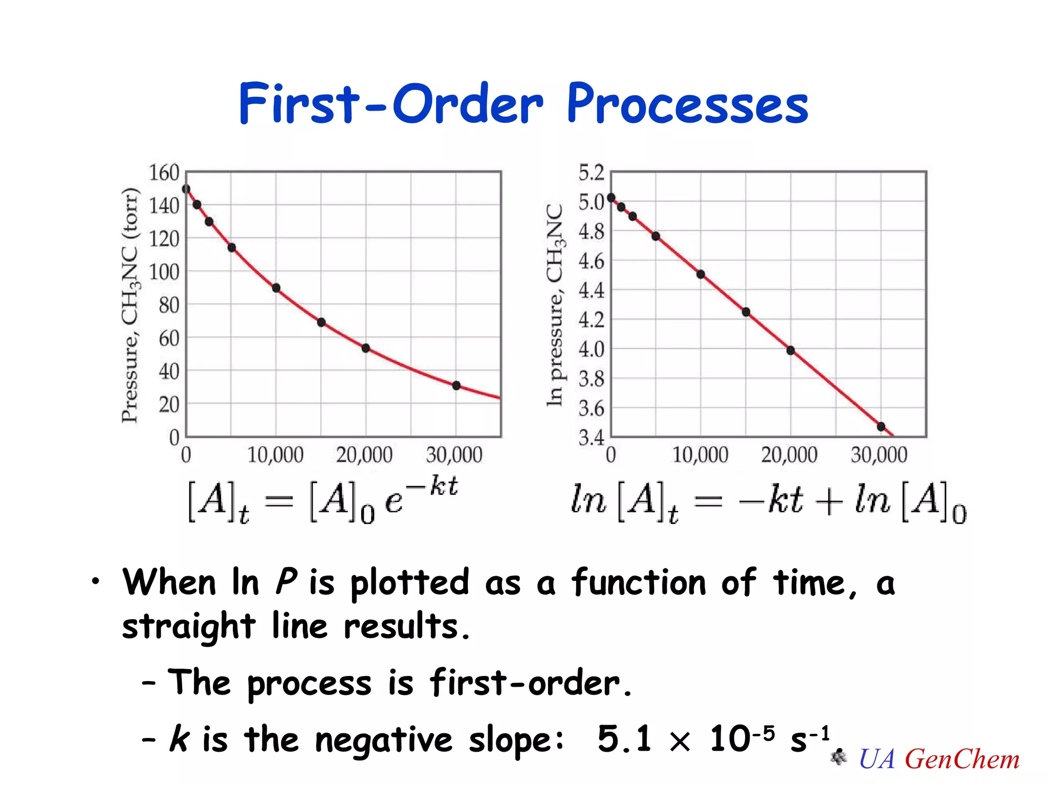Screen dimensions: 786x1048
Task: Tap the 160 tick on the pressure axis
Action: coord(164,173)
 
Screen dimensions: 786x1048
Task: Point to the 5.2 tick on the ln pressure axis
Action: coord(591,173)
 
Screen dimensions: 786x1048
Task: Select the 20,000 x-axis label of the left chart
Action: coord(364,455)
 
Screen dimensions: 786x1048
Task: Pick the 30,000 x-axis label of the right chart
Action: coord(879,455)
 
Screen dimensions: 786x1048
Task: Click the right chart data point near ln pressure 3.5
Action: coord(881,426)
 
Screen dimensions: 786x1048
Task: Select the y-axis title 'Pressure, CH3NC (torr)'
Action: coord(130,305)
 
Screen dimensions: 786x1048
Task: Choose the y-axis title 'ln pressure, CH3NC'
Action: coord(555,305)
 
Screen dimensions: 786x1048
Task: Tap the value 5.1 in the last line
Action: coord(624,739)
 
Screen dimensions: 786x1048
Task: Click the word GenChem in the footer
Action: coord(962,759)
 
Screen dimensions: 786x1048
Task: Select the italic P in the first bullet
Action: coord(286,582)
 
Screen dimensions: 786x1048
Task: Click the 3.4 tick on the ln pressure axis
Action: coord(591,438)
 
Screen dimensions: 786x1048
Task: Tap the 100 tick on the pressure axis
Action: coord(164,272)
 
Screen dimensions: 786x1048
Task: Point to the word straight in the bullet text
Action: coord(188,626)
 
